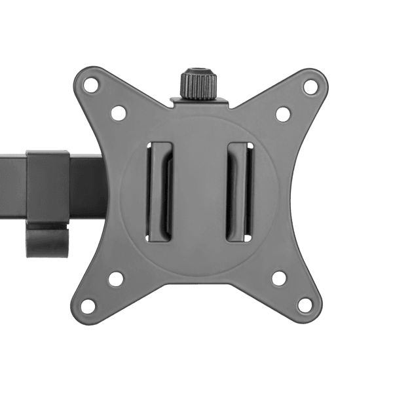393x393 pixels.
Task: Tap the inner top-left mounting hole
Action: [x=119, y=113]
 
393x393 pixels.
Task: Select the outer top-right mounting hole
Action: [x=310, y=86]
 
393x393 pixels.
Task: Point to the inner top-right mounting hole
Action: [x=283, y=114]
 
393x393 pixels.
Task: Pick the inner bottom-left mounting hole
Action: [x=116, y=278]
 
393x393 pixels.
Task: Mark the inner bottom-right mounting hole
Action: [x=280, y=278]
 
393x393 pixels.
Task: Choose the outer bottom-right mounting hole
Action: [x=305, y=305]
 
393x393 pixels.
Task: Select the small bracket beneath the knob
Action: [x=199, y=102]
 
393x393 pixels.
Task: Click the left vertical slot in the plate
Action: [x=159, y=191]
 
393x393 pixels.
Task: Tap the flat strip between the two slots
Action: [x=198, y=191]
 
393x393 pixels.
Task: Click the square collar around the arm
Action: [x=47, y=187]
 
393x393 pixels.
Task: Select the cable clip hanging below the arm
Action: [x=47, y=239]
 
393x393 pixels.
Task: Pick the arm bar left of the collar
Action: [x=12, y=187]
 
